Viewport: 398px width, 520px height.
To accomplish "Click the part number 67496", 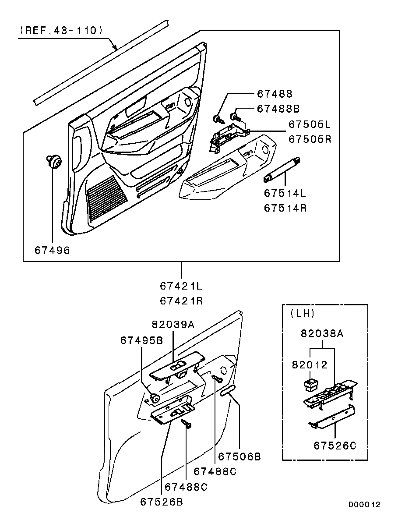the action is [x=53, y=250].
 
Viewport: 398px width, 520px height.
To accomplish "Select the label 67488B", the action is [x=278, y=109].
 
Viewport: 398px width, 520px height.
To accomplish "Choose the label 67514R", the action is [x=285, y=208].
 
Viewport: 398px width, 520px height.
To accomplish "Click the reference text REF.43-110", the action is [x=61, y=31].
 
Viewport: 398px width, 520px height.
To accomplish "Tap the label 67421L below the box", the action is [x=181, y=286].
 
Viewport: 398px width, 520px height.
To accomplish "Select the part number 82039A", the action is [x=173, y=324].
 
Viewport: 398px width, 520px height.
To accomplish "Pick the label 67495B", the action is [x=141, y=340].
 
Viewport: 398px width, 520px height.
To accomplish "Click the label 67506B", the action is [x=239, y=456].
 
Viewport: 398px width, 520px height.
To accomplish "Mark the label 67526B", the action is [x=162, y=502].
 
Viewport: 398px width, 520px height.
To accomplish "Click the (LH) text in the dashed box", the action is [x=302, y=314].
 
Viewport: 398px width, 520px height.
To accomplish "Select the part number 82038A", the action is [x=322, y=333].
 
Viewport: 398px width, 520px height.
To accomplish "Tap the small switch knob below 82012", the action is [x=310, y=386].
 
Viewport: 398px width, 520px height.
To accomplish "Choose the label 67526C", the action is [x=335, y=446].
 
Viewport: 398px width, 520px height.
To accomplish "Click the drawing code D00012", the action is [x=364, y=505].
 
